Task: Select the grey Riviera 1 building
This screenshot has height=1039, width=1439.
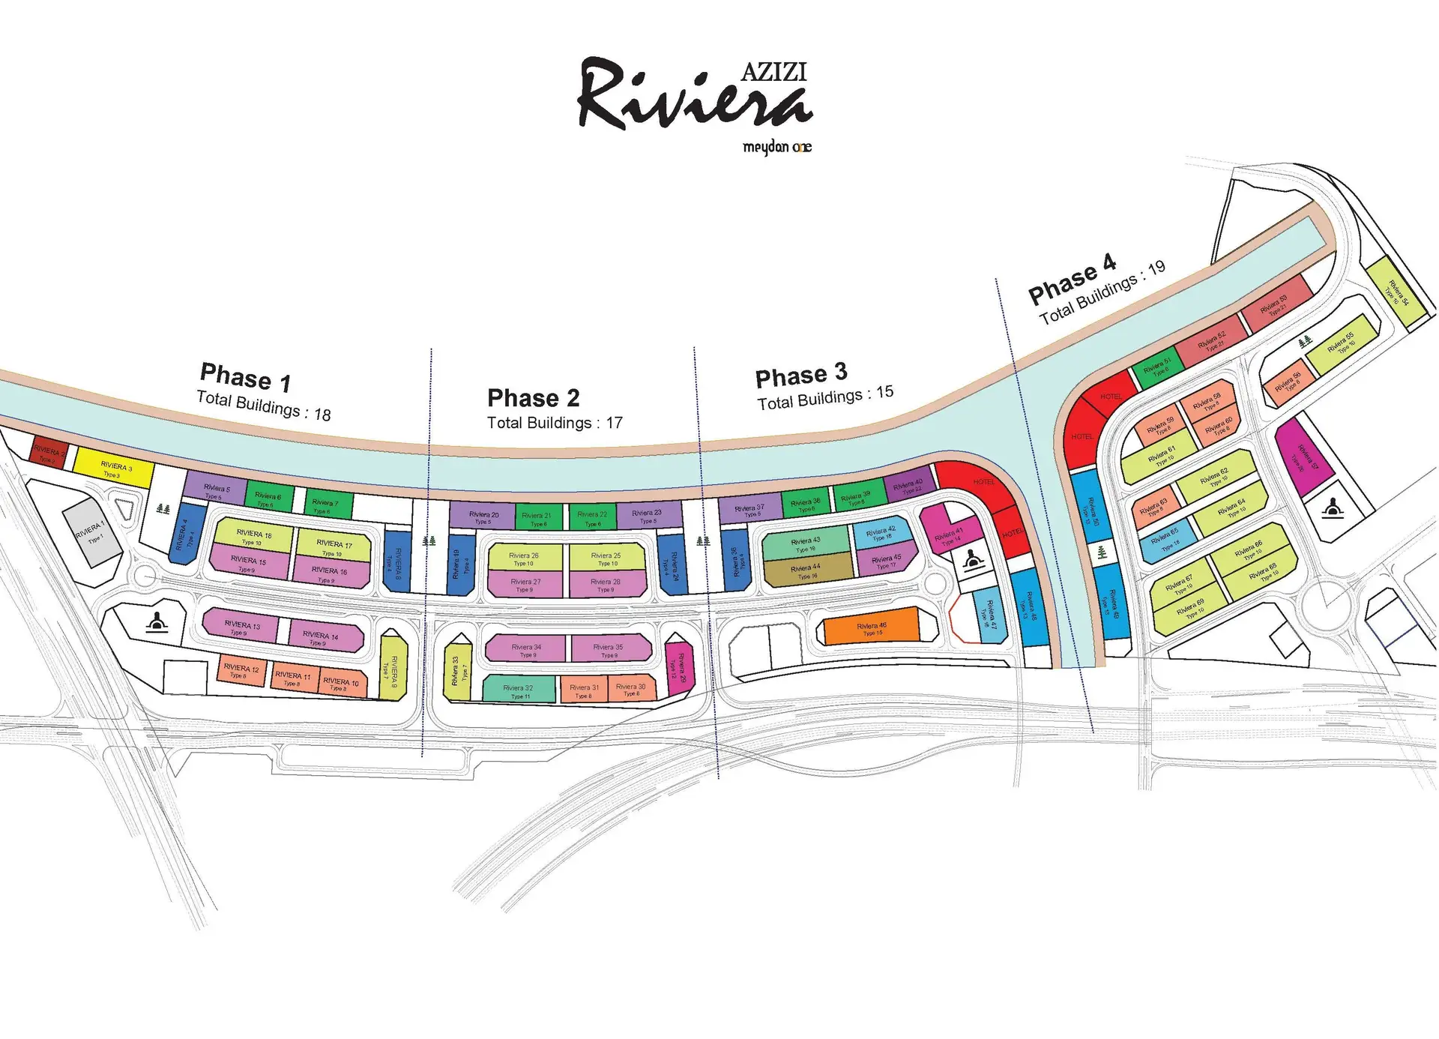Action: [x=91, y=533]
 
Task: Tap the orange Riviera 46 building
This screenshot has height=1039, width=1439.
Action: [x=871, y=627]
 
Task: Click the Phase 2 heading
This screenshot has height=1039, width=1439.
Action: [x=533, y=397]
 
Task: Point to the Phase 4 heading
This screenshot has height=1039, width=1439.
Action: [x=1073, y=279]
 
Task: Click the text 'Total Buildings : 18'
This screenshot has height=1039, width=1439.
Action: [x=263, y=406]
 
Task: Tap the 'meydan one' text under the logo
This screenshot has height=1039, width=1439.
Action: [x=776, y=147]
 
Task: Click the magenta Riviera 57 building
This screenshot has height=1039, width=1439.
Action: [x=1303, y=457]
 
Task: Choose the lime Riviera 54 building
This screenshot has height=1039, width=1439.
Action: [x=1397, y=292]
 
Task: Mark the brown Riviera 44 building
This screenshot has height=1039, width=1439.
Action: [x=806, y=572]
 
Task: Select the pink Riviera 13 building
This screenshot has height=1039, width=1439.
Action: [x=241, y=626]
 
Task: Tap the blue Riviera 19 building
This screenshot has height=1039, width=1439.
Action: [x=460, y=564]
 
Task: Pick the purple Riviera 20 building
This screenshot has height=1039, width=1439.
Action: [x=482, y=516]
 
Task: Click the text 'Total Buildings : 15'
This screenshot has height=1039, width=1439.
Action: [x=825, y=398]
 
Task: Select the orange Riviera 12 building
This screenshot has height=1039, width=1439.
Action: [x=241, y=670]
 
